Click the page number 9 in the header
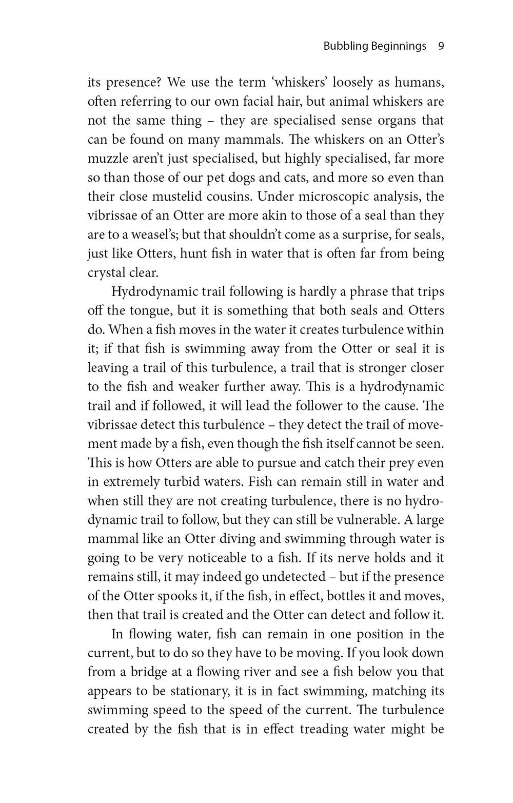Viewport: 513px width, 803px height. (x=441, y=46)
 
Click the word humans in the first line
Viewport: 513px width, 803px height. (x=418, y=83)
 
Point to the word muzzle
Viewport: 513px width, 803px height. (x=111, y=159)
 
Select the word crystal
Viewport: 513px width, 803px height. (x=108, y=272)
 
